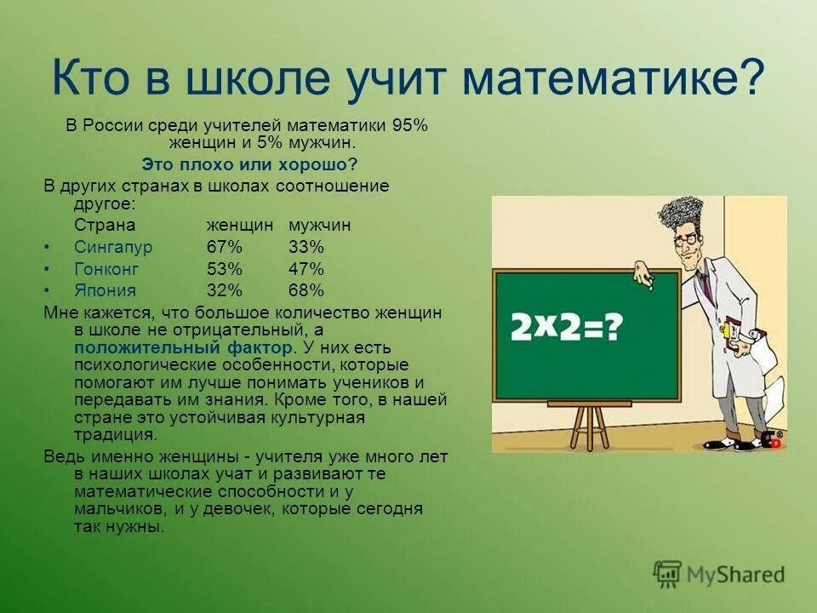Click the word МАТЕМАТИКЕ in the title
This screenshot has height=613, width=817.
pyautogui.click(x=613, y=78)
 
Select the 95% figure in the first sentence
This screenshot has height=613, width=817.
pyautogui.click(x=409, y=126)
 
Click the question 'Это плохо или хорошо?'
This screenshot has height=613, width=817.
pyautogui.click(x=249, y=163)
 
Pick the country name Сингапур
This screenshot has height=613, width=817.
pyautogui.click(x=112, y=247)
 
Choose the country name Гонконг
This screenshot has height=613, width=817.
pyautogui.click(x=106, y=269)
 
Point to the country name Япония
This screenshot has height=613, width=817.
pyautogui.click(x=104, y=290)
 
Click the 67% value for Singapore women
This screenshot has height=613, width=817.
pyautogui.click(x=225, y=247)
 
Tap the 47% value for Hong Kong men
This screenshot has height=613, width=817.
pyautogui.click(x=306, y=269)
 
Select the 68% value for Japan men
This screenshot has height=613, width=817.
pyautogui.click(x=306, y=290)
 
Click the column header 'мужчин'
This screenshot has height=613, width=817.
pyautogui.click(x=319, y=226)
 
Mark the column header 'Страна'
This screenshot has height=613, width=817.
pyautogui.click(x=105, y=226)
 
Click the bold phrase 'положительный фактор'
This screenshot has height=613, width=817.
pyautogui.click(x=184, y=348)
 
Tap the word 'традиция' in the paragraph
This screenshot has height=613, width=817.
pyautogui.click(x=115, y=433)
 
